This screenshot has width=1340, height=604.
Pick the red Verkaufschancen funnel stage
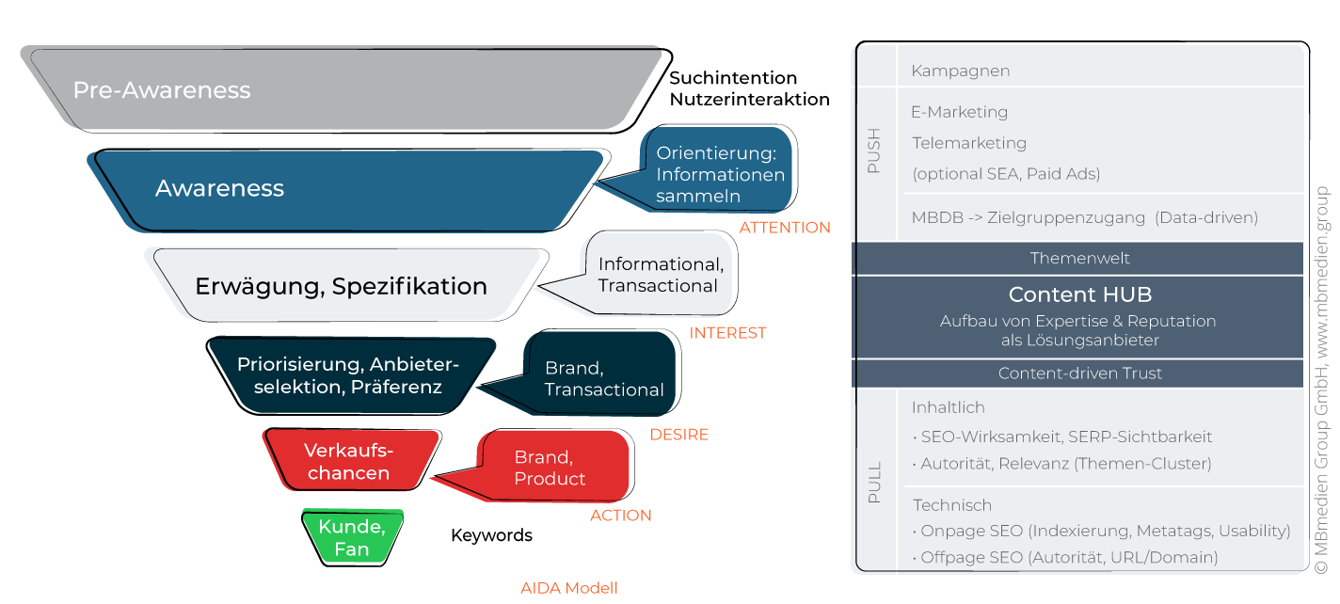(349, 461)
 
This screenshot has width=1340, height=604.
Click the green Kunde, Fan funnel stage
(351, 538)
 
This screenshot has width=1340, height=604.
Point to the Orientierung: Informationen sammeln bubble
(721, 174)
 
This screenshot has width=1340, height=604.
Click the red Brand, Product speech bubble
(555, 468)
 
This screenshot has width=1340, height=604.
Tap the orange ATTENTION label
(785, 228)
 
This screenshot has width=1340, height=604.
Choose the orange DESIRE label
(678, 435)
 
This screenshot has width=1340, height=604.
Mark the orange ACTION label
(621, 516)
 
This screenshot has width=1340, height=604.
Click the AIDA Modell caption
(569, 588)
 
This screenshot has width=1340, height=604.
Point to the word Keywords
(491, 535)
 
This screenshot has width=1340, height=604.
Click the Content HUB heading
(1078, 294)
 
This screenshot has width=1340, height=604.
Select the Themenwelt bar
(1078, 258)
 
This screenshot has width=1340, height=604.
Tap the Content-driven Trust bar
(1078, 374)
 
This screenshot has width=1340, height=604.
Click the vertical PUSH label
(874, 151)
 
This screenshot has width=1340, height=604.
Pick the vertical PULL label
(874, 482)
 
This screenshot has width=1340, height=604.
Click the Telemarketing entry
(969, 143)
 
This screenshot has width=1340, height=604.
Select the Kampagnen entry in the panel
(960, 71)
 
